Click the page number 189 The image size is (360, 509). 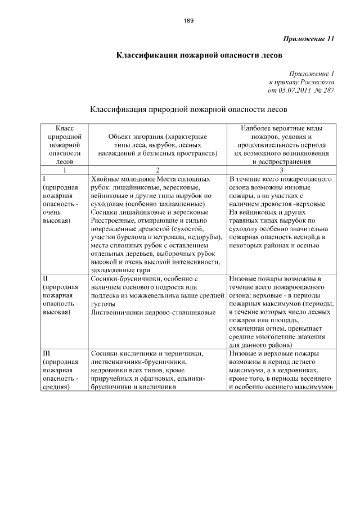point(188,21)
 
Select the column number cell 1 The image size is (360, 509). point(65,169)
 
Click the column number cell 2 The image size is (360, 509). point(158,169)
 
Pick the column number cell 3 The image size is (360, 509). point(282,169)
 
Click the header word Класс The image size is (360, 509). point(65,128)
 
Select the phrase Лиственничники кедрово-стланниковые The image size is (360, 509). point(152,312)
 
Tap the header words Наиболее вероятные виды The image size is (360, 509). point(282,128)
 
